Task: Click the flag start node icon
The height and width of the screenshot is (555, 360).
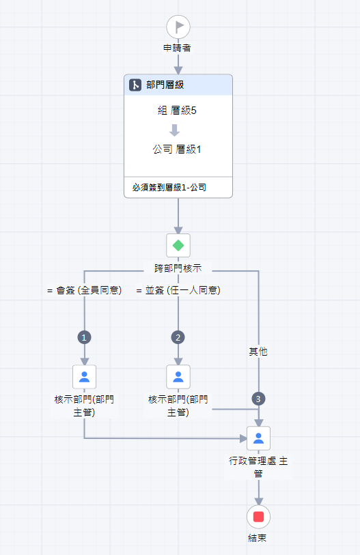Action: click(x=178, y=27)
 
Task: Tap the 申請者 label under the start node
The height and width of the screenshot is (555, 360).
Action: click(x=177, y=48)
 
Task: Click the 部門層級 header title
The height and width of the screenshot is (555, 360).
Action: click(x=165, y=85)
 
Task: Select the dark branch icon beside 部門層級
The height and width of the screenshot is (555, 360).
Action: click(x=135, y=85)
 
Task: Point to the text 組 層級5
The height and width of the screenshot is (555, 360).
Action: click(x=177, y=111)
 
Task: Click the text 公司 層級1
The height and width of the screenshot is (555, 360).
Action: click(x=177, y=150)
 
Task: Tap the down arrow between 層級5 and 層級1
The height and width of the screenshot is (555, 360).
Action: click(x=174, y=130)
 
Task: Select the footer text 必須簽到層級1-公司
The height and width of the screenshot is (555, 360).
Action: click(x=169, y=187)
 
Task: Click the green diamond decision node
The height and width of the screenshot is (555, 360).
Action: click(x=178, y=245)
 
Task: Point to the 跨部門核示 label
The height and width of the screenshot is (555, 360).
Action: click(x=178, y=268)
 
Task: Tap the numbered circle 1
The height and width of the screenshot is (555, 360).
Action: click(x=84, y=337)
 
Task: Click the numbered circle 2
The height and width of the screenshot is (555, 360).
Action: click(x=178, y=337)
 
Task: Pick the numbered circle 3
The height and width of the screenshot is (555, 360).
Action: click(x=258, y=399)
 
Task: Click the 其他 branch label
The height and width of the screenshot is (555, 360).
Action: click(x=258, y=352)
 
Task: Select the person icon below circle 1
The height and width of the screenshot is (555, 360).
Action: click(x=84, y=377)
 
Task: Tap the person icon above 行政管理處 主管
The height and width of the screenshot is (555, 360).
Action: click(x=259, y=438)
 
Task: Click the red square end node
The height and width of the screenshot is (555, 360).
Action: click(x=259, y=517)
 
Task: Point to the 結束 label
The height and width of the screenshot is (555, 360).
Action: click(x=258, y=538)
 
